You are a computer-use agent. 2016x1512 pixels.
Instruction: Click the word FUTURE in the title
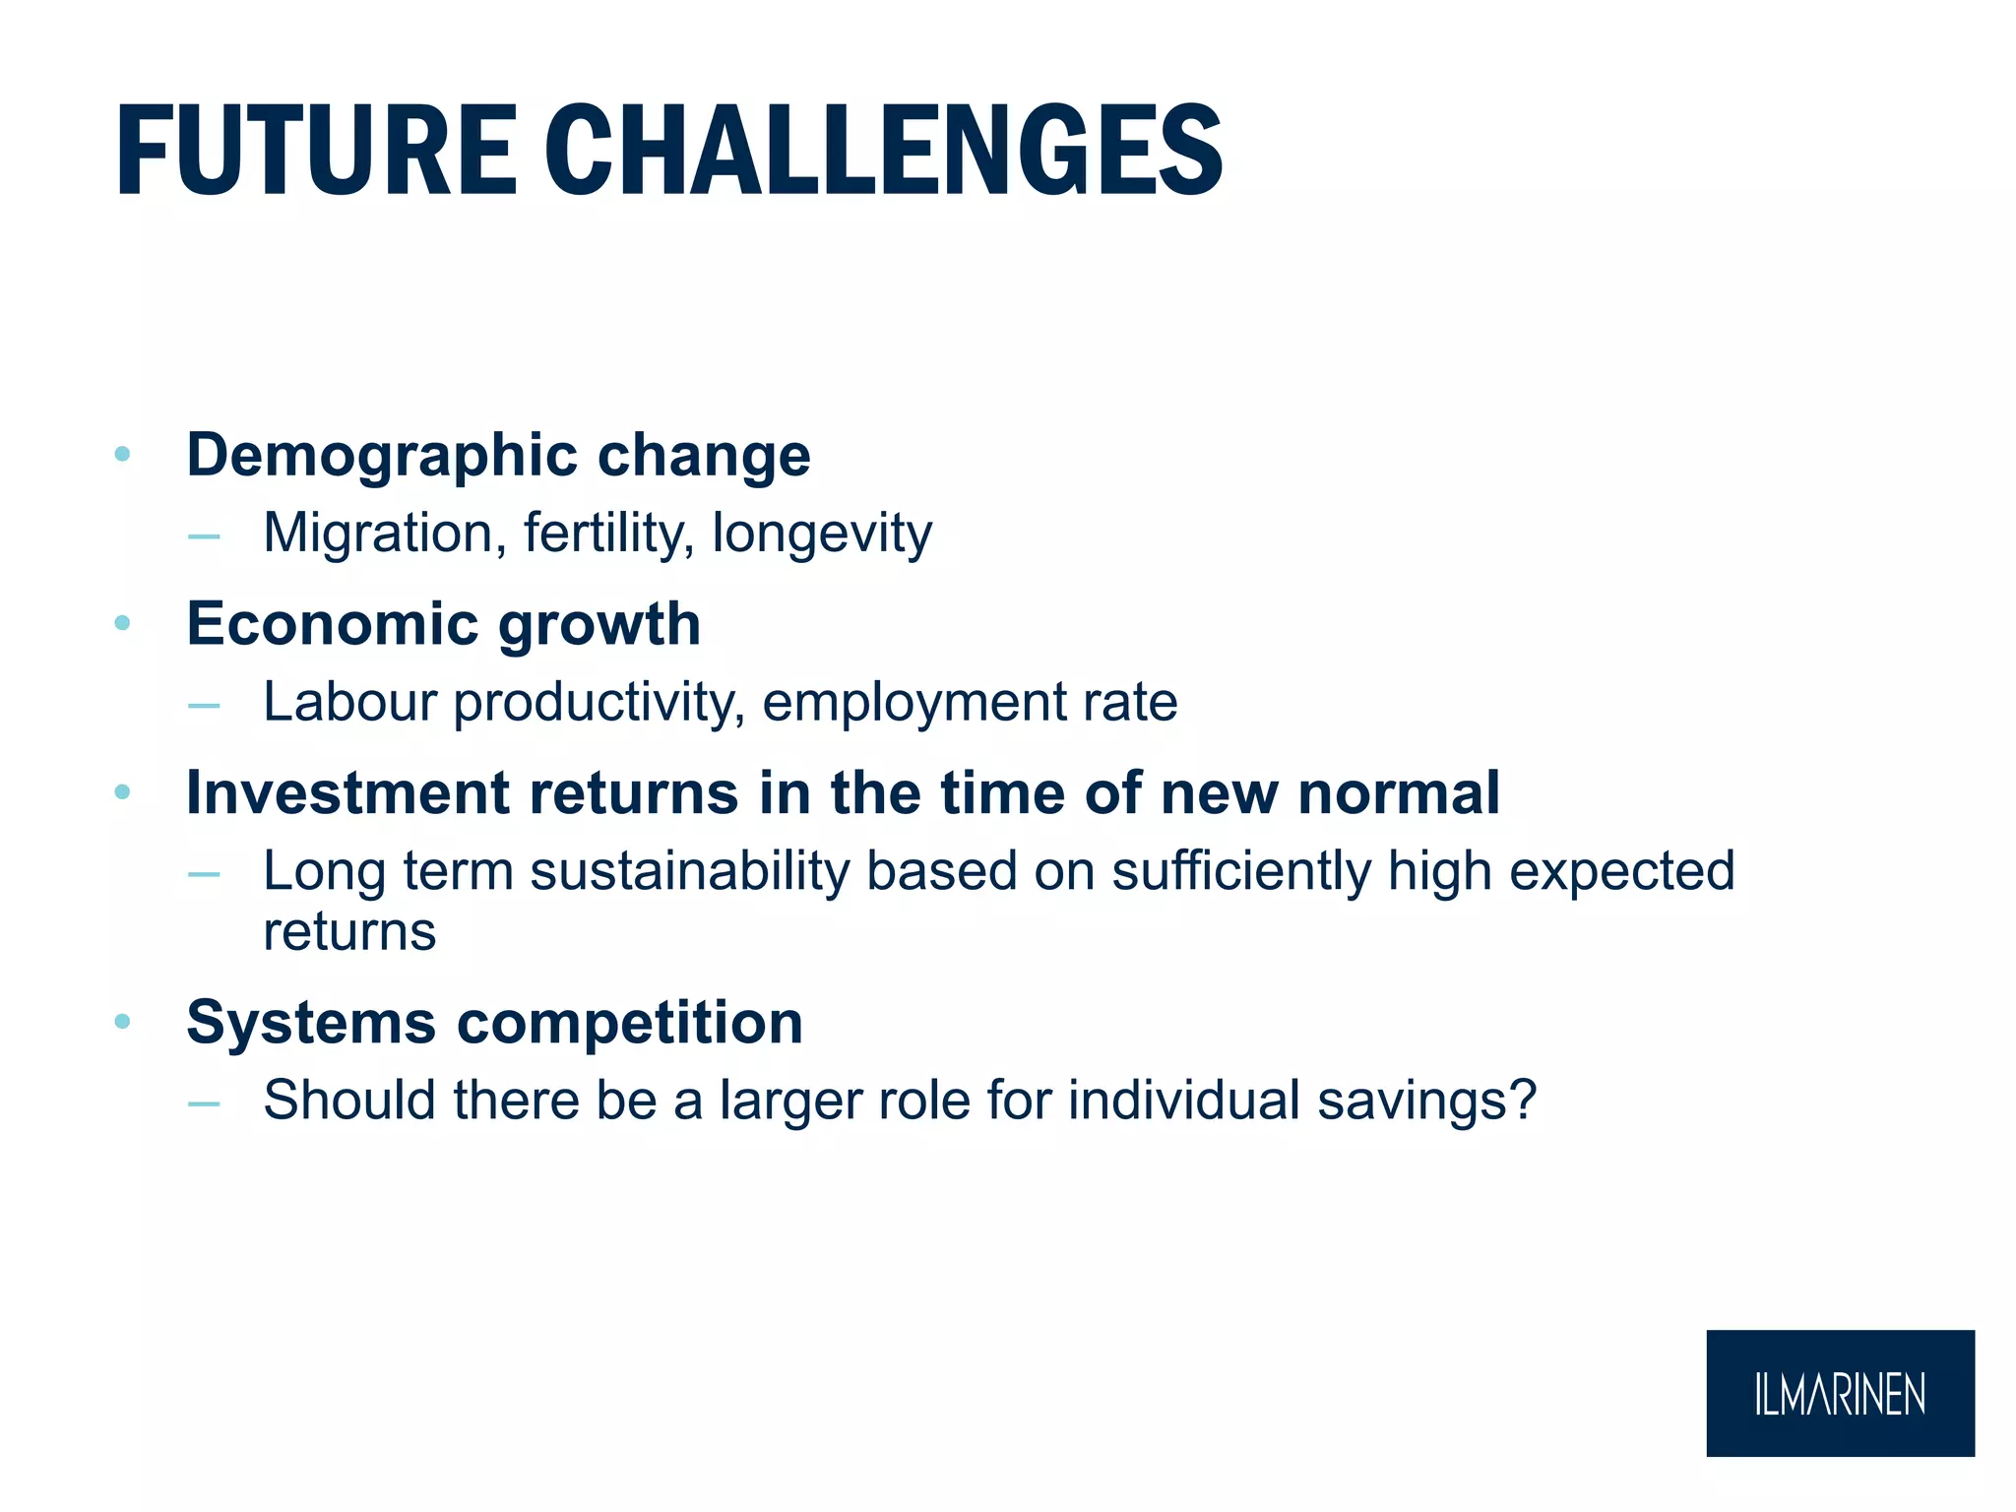click(x=315, y=153)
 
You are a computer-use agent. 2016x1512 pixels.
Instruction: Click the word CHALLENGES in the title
click(x=883, y=153)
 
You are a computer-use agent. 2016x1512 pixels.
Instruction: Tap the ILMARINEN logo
click(x=1840, y=1394)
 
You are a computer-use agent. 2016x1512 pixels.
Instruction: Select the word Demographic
click(x=381, y=457)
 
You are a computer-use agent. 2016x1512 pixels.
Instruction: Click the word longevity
click(x=822, y=535)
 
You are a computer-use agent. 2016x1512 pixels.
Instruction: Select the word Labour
click(x=349, y=703)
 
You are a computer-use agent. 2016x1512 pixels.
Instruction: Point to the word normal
click(x=1399, y=793)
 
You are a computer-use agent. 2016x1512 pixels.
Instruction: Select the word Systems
click(x=310, y=1024)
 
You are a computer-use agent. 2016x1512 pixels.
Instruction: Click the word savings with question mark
click(x=1427, y=1102)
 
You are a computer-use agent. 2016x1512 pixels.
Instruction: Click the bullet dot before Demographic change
click(x=122, y=454)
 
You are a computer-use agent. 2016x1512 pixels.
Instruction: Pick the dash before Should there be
click(x=204, y=1104)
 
